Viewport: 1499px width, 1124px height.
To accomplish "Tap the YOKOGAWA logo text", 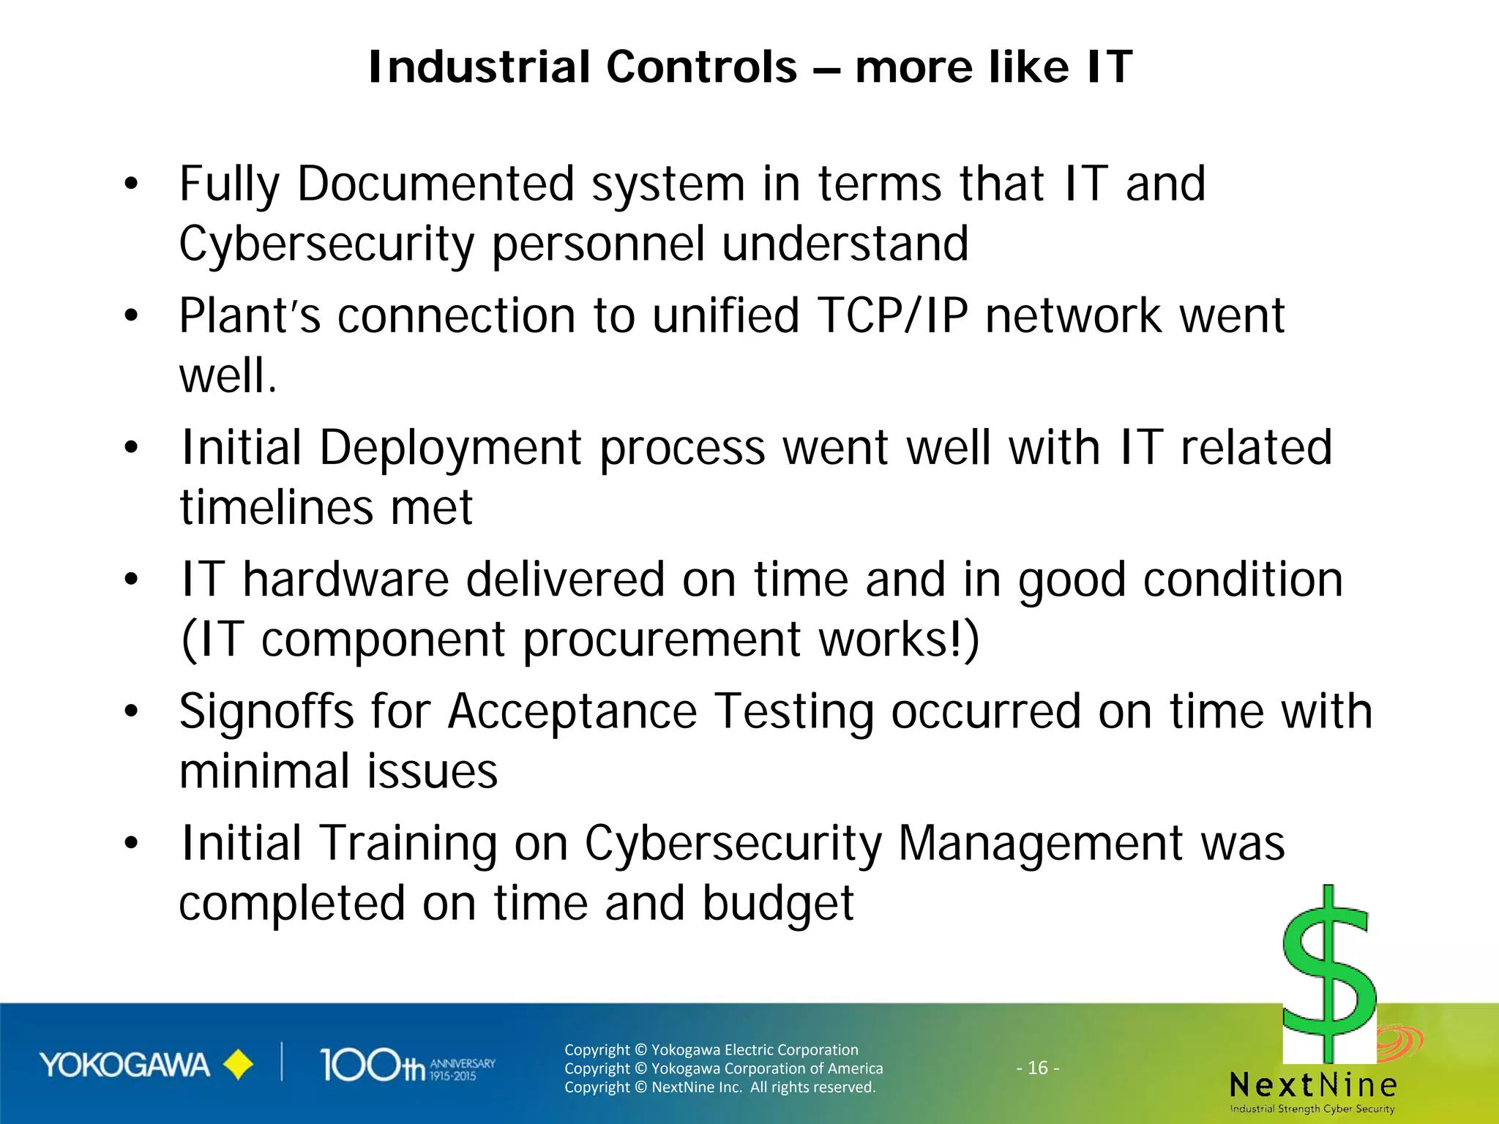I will pos(124,1065).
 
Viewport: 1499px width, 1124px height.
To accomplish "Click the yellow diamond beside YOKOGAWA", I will pos(238,1065).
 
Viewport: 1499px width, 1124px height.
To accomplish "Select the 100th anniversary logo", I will pos(406,1065).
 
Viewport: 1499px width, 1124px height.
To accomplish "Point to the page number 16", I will pos(1038,1068).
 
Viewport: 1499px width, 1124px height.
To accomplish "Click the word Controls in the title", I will pos(700,67).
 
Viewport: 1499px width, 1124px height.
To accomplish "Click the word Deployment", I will pos(451,448).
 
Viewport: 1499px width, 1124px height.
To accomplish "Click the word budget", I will pos(778,904).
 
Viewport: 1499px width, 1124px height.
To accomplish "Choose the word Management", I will pos(1039,844).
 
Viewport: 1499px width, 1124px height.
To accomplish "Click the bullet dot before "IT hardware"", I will pos(131,580).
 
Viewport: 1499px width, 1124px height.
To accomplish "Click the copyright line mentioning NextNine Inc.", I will pos(719,1087).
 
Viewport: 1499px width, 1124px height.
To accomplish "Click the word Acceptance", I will pos(572,711).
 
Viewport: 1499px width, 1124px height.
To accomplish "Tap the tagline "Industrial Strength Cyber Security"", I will pos(1312,1109).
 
